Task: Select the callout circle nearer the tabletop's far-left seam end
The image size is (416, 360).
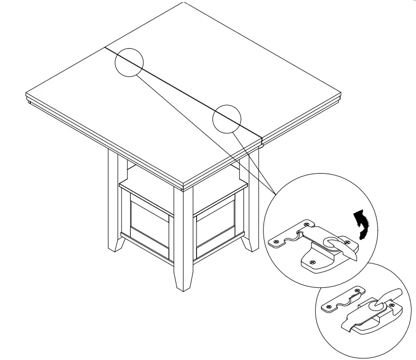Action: coord(129,62)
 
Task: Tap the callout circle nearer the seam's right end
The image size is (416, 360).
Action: coord(227,117)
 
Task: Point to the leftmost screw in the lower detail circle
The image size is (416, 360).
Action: coord(329,306)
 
